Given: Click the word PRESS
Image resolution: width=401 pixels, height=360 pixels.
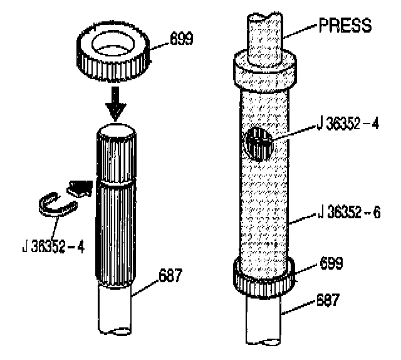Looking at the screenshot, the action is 346,26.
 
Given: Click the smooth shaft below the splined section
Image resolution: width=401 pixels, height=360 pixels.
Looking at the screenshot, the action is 116,311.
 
